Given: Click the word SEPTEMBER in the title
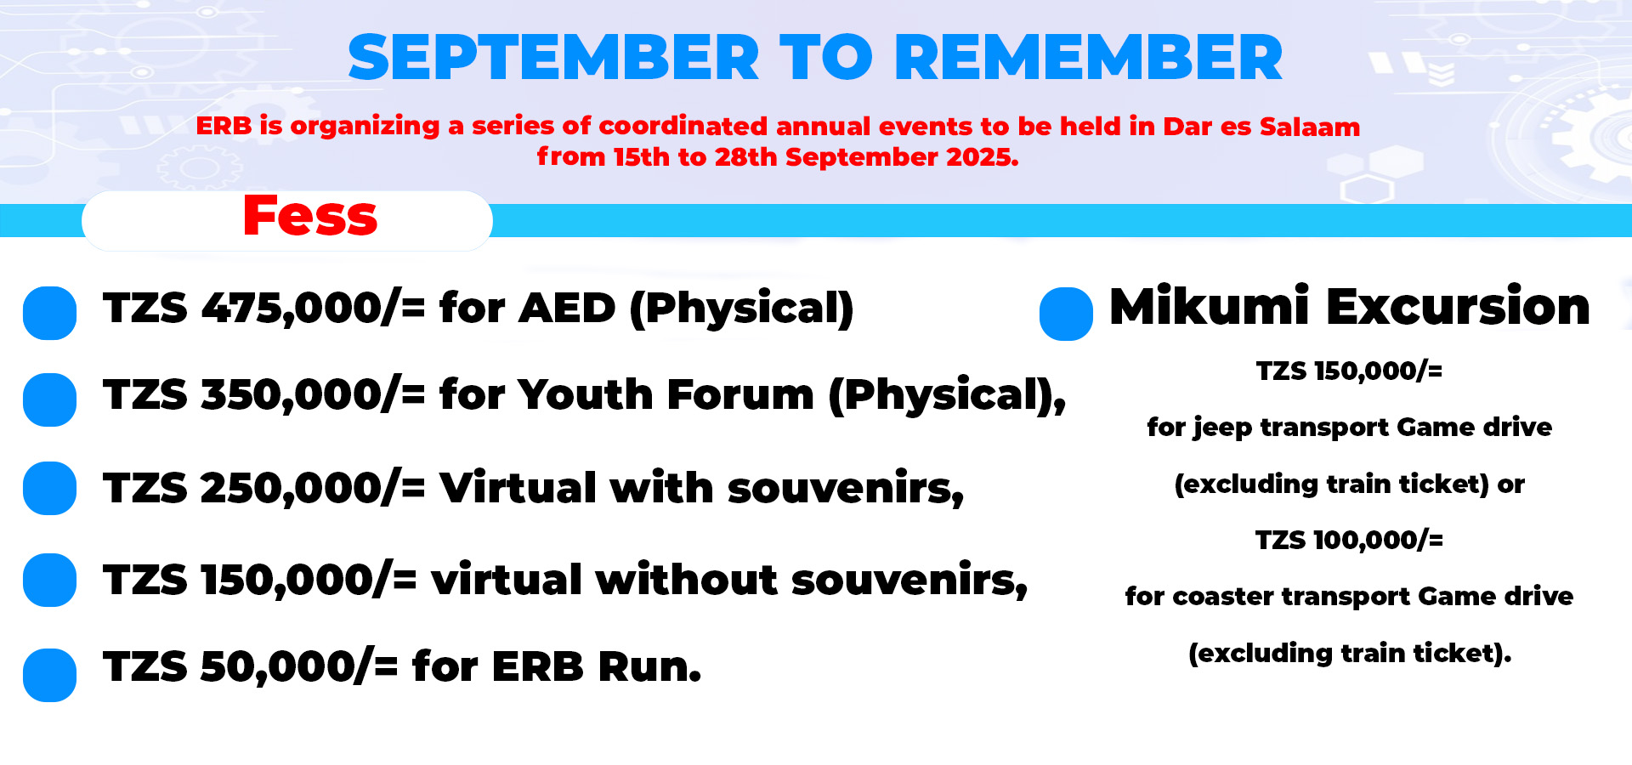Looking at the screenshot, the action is [553, 58].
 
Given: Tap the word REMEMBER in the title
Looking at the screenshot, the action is [1089, 58].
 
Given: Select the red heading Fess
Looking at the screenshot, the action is [310, 216].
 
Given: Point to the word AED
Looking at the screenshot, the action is [567, 308].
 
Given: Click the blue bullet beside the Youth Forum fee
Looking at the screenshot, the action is [49, 399].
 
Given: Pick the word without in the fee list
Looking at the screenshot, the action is [687, 580].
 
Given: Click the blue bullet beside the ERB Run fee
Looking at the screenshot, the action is [49, 675].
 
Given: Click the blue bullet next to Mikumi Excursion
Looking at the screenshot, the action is [1066, 314].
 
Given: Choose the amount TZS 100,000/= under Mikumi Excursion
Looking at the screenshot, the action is [1349, 540].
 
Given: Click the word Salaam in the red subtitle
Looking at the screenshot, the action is [1310, 127].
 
